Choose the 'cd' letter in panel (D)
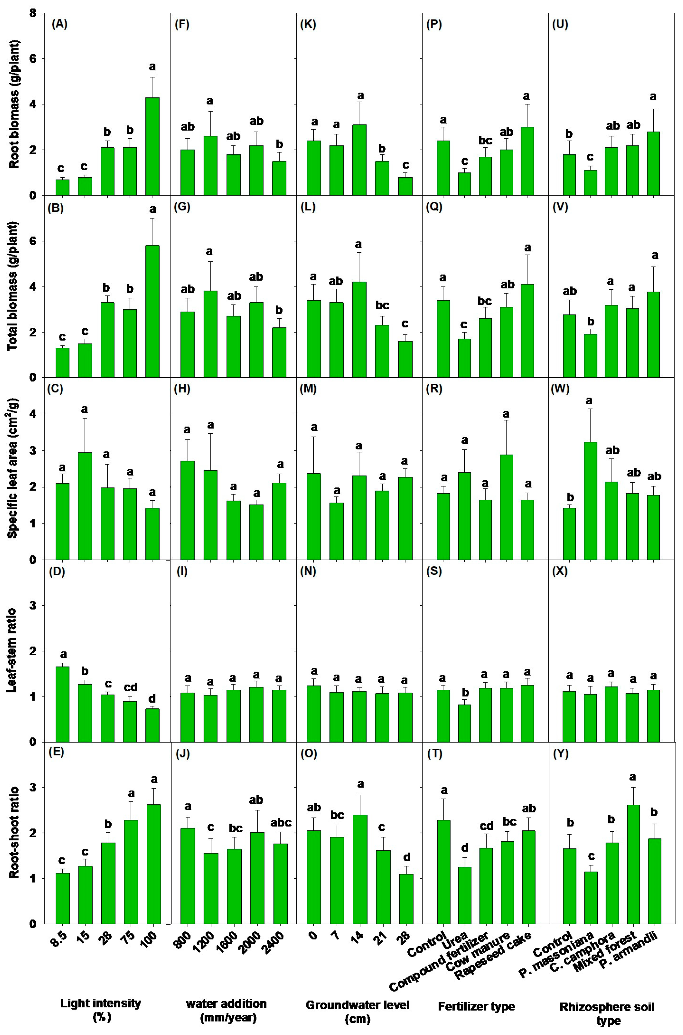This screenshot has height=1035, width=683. (130, 687)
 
